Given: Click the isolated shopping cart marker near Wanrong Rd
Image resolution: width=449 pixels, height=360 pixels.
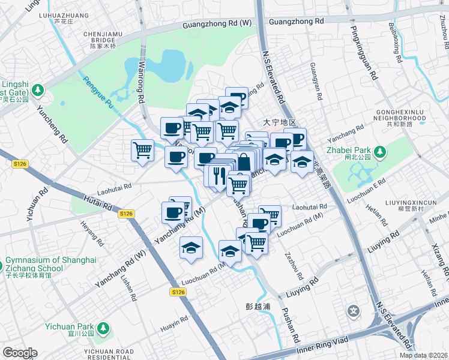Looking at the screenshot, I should click(142, 149).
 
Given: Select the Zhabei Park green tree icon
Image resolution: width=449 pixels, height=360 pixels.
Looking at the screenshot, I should click(379, 153).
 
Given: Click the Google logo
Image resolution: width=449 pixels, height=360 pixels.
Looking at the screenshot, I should click(19, 353).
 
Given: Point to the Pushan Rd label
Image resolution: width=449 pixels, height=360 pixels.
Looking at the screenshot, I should click(288, 327).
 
